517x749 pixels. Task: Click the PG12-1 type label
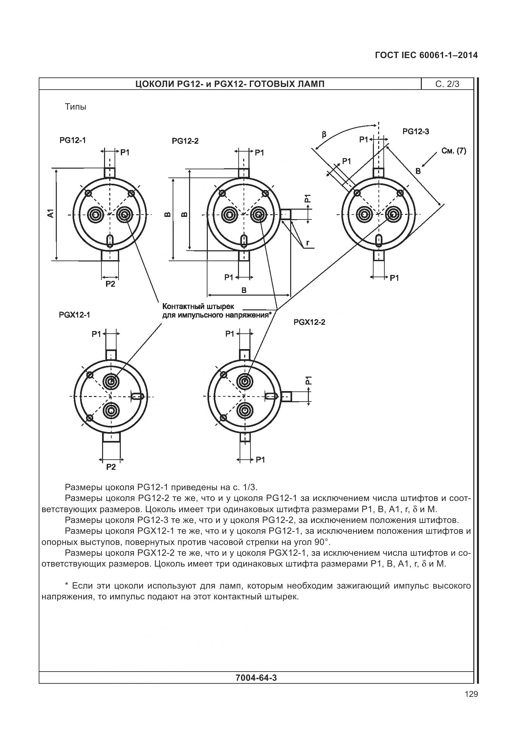[x=73, y=140]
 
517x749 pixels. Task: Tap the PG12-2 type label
[x=185, y=141]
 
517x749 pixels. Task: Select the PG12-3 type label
[x=416, y=132]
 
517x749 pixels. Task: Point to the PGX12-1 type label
[x=75, y=315]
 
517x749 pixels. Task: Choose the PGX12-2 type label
[x=309, y=322]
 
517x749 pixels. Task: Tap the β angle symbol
[x=324, y=134]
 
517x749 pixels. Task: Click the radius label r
[x=307, y=242]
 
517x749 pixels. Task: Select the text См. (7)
[x=453, y=151]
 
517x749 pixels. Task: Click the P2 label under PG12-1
[x=110, y=284]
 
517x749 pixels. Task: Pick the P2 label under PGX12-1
[x=111, y=467]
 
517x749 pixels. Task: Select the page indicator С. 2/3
[x=447, y=84]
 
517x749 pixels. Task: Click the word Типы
[x=75, y=107]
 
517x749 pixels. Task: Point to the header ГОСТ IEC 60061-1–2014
[x=426, y=55]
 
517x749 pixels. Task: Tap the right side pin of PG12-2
[x=285, y=215]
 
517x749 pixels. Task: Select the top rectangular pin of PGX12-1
[x=111, y=355]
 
